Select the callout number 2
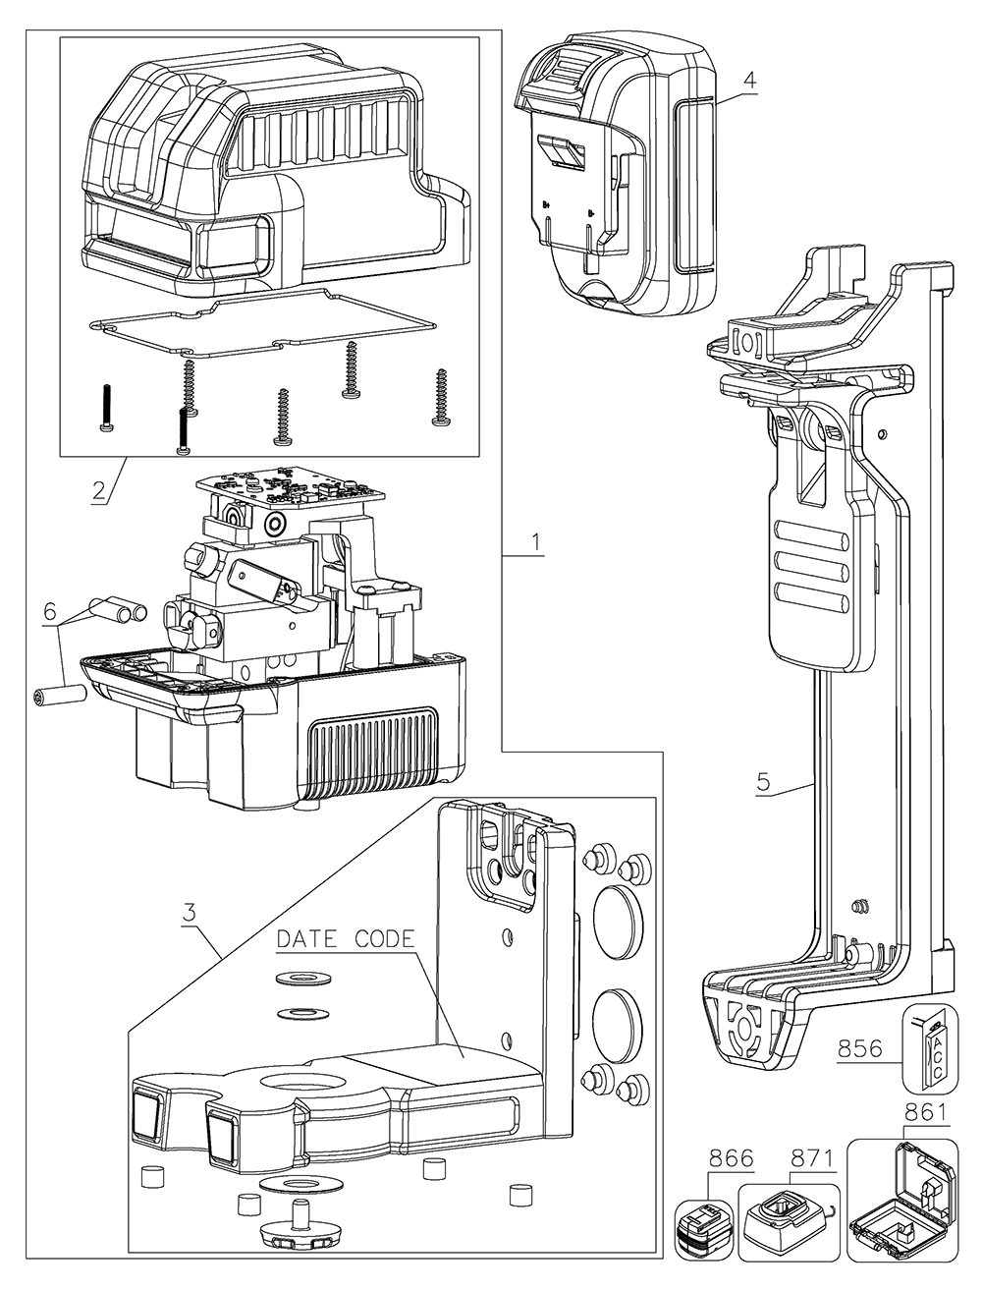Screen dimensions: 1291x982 99,490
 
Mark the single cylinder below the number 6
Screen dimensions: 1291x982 61,699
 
